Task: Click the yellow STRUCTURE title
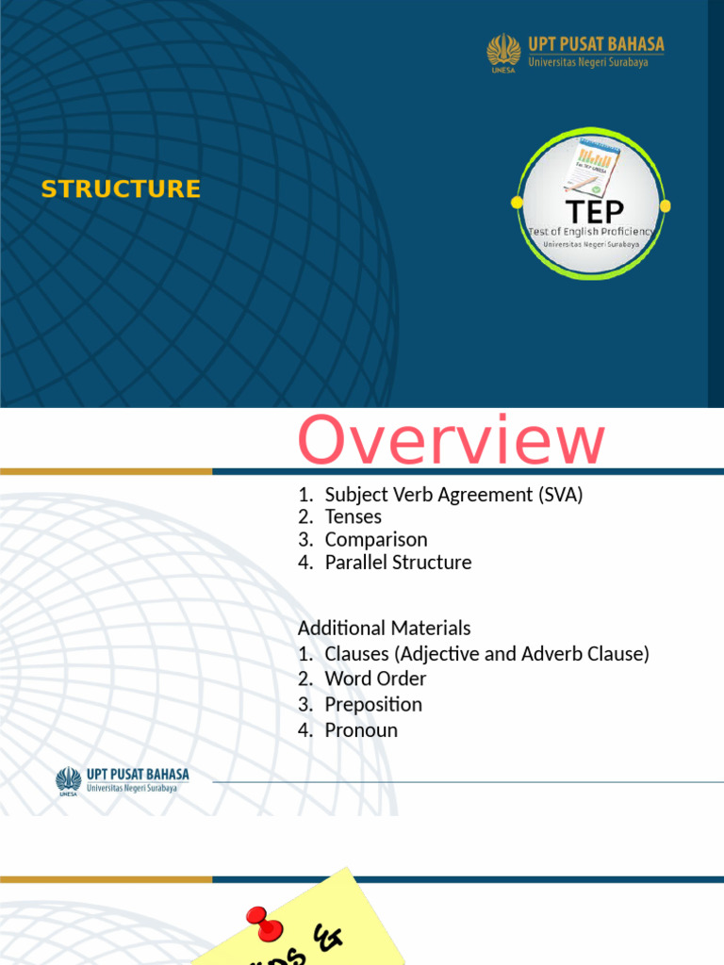121,188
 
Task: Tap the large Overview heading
452,441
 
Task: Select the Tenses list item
353,516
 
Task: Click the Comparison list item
375,540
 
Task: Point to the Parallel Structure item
398,563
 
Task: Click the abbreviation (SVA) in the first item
562,494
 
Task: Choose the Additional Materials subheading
384,628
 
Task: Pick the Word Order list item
375,679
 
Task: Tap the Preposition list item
373,704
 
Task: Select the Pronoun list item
361,729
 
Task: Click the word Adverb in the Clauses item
545,653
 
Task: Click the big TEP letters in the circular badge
593,211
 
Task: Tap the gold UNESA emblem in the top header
503,52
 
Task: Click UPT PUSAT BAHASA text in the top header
596,44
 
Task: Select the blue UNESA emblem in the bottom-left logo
68,781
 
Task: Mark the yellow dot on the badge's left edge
517,203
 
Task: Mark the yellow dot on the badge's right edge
666,205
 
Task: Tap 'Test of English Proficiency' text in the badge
591,232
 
